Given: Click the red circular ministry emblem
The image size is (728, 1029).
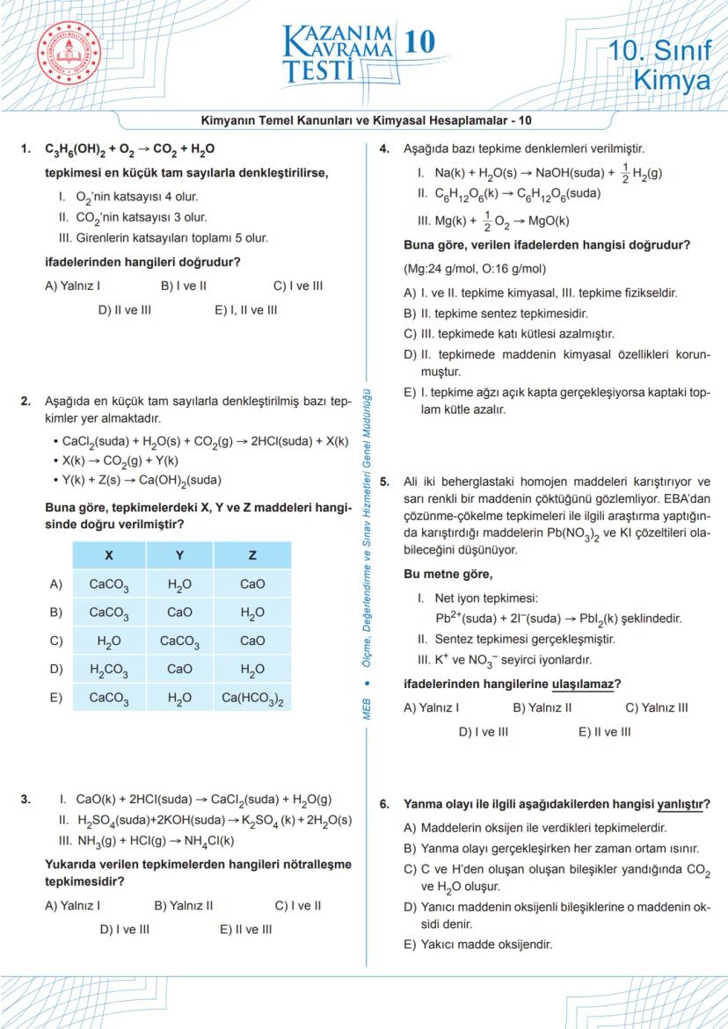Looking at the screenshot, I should point(69,54).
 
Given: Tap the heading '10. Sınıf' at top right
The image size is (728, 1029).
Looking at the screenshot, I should point(659,51).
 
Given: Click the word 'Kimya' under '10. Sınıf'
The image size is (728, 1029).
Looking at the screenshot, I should point(672,81).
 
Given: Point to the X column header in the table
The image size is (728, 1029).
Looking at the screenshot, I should point(109,555).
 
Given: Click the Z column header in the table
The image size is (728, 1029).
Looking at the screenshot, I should point(252,555).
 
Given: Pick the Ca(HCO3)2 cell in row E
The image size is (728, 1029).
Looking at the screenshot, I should point(252,699).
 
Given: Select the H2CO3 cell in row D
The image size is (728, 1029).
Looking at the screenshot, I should point(109,670).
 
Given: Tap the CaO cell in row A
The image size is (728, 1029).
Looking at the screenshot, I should point(252,583).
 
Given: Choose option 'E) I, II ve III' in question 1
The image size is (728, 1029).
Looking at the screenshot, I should point(245,309).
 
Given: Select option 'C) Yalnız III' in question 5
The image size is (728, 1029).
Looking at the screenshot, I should point(656,707).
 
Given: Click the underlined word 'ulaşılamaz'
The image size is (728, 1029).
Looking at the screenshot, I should point(581,684).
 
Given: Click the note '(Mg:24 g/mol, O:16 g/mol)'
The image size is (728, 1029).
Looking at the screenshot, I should point(474,269).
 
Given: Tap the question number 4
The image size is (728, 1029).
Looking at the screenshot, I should point(384,149).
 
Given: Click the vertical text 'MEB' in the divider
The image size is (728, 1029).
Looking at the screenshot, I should point(367,708).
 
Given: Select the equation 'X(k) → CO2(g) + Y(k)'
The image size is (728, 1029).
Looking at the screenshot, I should point(120,460).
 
